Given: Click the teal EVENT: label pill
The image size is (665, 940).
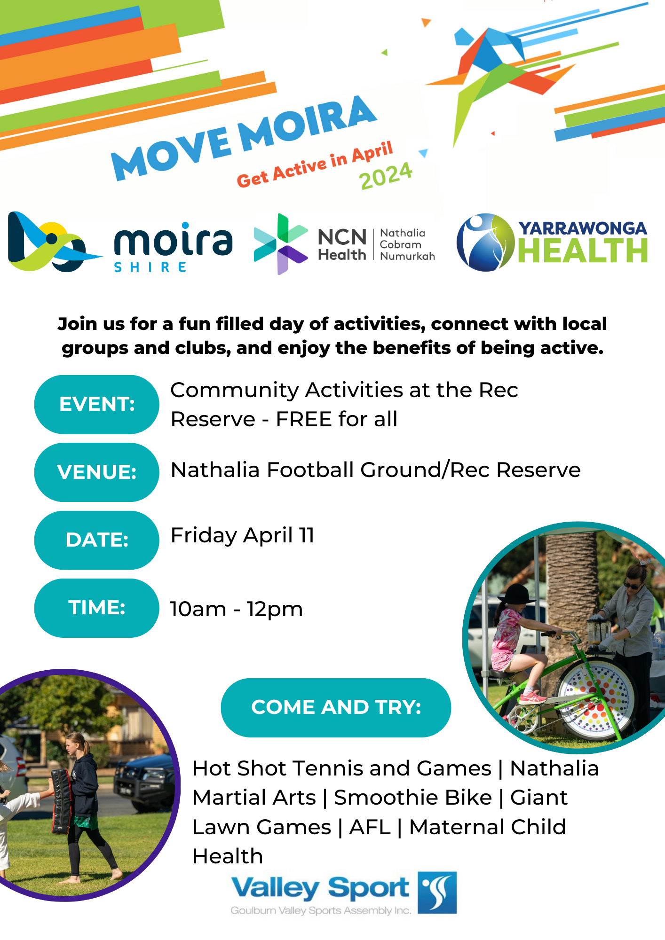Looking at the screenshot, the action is coord(97,404).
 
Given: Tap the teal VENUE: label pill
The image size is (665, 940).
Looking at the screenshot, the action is coord(97,472).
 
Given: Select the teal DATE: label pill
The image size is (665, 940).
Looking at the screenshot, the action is coord(97,540).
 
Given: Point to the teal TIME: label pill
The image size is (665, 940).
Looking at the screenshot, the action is coord(97,608).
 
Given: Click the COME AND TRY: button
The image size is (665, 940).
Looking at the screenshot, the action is coord(336,707).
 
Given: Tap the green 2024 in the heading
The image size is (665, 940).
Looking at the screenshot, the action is coord(386,176).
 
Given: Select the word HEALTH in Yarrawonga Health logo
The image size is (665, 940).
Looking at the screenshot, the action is coord(583,251).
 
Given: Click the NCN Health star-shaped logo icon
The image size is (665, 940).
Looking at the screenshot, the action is coord(281,244).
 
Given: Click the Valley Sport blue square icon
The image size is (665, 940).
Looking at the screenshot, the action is coord(437,893).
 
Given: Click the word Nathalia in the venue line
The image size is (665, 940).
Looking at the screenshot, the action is coord(215,470).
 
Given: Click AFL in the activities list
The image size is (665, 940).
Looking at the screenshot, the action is coord(370,827).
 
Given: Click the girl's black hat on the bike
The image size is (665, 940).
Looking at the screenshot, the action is coord(515,594).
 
